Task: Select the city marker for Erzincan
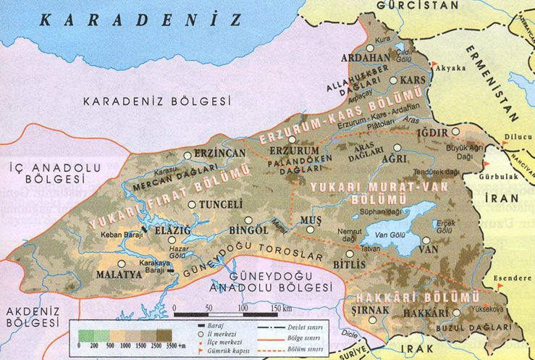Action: click(188, 155)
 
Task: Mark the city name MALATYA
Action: click(119, 275)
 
